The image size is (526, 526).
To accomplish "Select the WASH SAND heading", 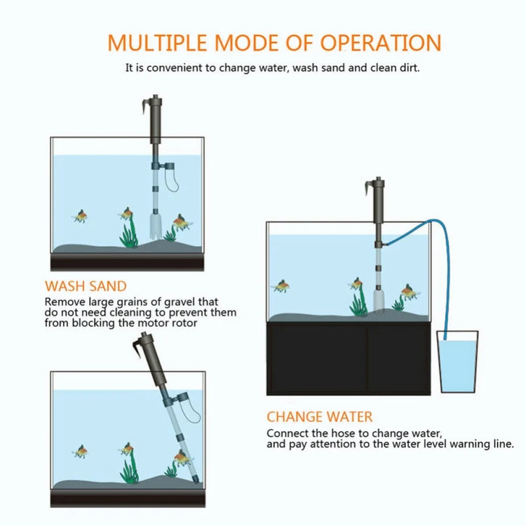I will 86,286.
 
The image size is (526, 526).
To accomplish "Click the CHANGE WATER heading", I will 319,417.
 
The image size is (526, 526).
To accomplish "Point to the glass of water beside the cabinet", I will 457,364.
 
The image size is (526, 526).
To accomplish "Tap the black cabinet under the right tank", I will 348,358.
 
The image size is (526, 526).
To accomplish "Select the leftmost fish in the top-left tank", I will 81,215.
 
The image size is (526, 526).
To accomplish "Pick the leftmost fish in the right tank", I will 281,285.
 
